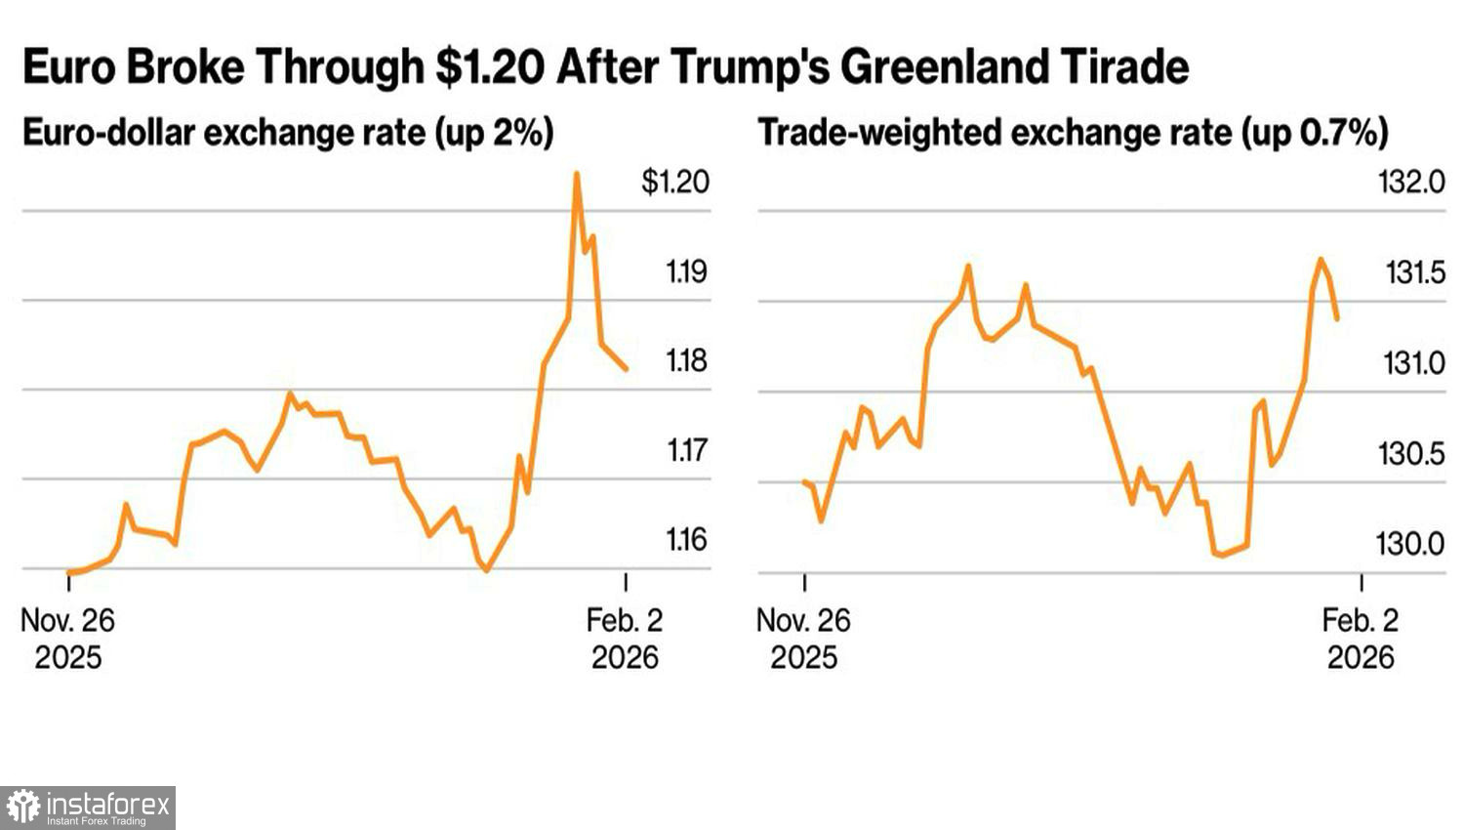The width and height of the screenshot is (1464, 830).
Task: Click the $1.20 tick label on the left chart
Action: click(x=674, y=182)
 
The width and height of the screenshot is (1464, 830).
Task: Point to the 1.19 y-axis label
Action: click(x=686, y=271)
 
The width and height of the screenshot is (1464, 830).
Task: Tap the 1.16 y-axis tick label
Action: click(x=686, y=539)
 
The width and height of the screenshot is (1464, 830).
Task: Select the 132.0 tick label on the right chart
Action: click(x=1410, y=182)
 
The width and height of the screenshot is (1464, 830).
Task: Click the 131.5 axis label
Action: click(x=1414, y=272)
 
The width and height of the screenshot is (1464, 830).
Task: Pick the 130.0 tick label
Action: click(x=1409, y=544)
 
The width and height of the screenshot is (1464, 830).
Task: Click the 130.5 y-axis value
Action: click(x=1410, y=454)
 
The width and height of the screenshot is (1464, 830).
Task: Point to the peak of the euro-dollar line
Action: click(x=577, y=175)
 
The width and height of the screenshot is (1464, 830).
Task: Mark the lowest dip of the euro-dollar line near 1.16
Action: click(x=487, y=569)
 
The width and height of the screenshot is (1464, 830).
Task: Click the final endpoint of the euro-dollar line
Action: click(x=626, y=369)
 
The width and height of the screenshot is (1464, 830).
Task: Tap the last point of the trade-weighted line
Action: click(x=1336, y=318)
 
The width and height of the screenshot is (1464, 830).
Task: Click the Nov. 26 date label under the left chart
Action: click(x=67, y=620)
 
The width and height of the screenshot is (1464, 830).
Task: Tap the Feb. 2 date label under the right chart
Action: click(x=1360, y=620)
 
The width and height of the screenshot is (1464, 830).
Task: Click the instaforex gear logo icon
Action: click(x=22, y=808)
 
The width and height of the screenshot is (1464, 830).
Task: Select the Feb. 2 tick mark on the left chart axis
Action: click(x=626, y=582)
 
